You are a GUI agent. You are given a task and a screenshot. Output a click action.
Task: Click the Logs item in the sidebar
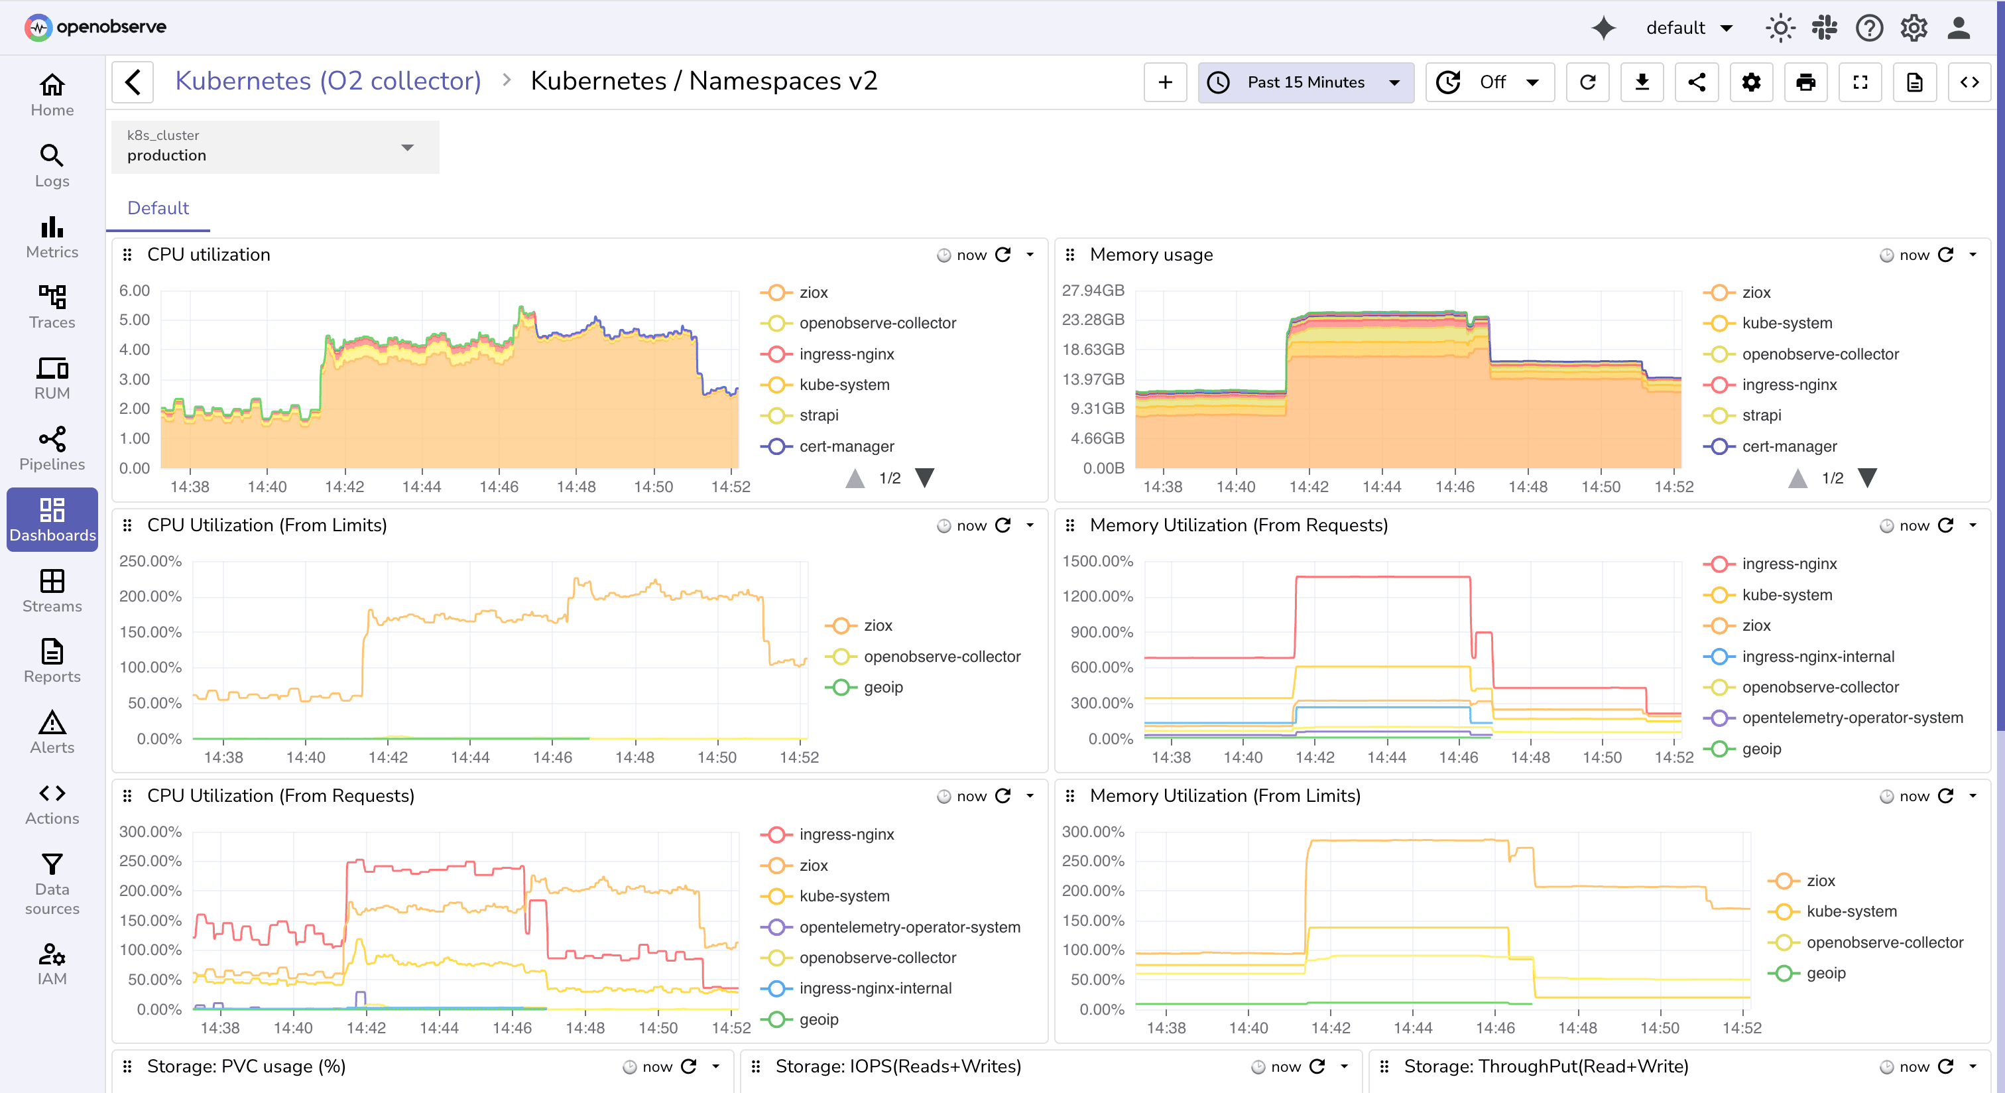click(x=52, y=166)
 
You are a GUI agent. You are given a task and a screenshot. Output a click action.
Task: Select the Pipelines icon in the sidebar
click(x=52, y=449)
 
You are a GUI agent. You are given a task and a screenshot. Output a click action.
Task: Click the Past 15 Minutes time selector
click(x=1306, y=82)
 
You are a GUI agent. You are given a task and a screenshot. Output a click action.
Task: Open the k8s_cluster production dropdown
click(x=274, y=147)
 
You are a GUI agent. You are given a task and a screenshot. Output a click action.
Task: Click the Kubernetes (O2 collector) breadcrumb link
click(x=328, y=81)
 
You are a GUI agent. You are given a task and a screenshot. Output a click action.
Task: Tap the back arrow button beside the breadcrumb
click(x=133, y=82)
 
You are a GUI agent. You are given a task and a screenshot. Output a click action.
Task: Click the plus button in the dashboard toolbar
click(x=1164, y=82)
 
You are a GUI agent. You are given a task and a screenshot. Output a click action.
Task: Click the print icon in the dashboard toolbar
click(x=1805, y=82)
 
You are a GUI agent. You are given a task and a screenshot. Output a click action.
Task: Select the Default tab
click(x=158, y=208)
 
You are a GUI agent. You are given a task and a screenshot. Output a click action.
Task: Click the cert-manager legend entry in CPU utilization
click(x=846, y=446)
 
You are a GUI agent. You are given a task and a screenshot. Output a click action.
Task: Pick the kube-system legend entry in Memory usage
click(x=1786, y=323)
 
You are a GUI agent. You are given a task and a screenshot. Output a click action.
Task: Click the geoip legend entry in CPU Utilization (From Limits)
click(x=882, y=686)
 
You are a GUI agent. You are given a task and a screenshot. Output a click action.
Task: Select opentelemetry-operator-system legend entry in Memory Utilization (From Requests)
click(x=1852, y=718)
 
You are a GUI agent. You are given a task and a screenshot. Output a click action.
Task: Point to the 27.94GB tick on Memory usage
click(x=1093, y=290)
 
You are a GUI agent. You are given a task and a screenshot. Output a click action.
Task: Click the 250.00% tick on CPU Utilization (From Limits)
click(x=151, y=561)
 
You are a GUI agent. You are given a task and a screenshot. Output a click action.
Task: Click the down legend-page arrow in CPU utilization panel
click(x=924, y=478)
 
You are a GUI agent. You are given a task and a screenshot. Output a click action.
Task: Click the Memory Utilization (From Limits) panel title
click(x=1225, y=796)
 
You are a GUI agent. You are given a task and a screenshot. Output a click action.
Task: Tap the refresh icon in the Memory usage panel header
click(x=1945, y=255)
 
